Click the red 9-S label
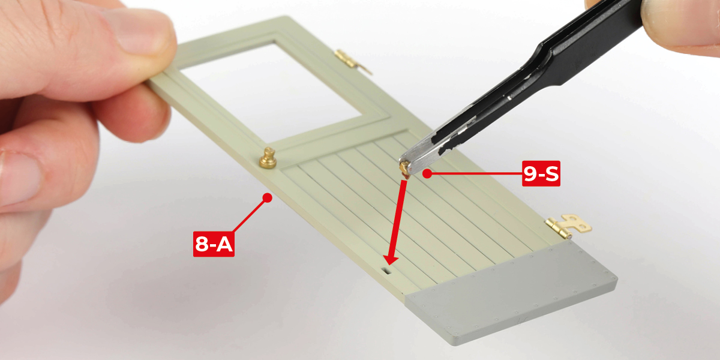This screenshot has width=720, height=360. click(541, 173)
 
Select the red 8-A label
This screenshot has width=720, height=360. click(214, 244)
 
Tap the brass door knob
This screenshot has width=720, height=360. click(268, 158)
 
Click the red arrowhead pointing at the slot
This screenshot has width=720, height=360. click(391, 260)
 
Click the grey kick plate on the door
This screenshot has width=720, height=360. click(511, 293)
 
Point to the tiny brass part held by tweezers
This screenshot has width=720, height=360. click(404, 169)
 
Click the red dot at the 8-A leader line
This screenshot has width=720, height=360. click(267, 197)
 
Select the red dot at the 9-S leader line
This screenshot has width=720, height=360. click(427, 173)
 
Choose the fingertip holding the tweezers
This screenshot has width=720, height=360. click(682, 26)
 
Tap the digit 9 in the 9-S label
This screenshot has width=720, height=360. click(529, 173)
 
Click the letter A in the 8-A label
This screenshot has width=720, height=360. click(224, 244)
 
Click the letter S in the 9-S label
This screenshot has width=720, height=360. click(552, 173)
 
